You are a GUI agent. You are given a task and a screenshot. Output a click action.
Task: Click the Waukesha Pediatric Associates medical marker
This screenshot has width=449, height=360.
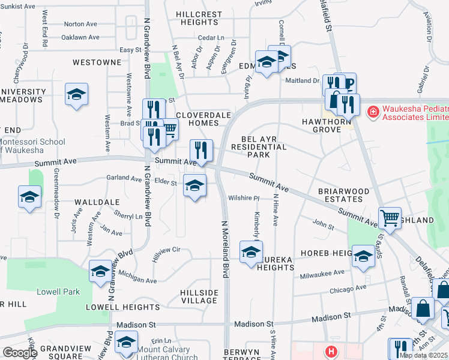(x=373, y=112)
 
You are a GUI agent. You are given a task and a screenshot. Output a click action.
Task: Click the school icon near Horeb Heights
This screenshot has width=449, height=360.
(x=363, y=256)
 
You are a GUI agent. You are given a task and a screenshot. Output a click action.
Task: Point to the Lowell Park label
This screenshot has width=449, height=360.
(x=62, y=292)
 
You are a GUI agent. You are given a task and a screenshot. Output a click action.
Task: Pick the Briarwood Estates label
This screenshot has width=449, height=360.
(x=344, y=196)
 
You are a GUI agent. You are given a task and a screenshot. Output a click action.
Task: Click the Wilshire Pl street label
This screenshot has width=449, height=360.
(x=243, y=199)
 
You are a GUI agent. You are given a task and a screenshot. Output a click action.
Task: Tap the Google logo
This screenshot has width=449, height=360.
(x=20, y=353)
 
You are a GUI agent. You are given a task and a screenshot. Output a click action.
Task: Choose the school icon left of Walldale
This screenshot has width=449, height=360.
(x=29, y=197)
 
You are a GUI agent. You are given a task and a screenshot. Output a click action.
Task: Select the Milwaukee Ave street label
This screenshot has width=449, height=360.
(x=322, y=272)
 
